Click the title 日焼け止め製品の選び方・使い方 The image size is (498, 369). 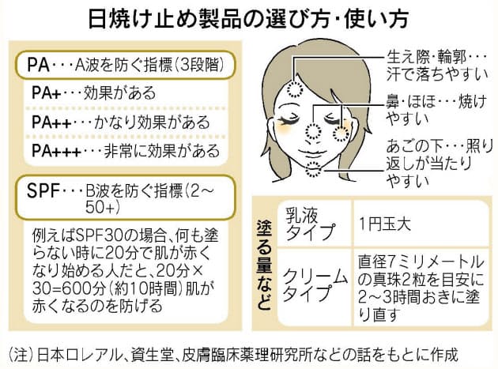(248, 19)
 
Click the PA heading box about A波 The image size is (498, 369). (126, 65)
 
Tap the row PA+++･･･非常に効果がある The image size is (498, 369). (126, 151)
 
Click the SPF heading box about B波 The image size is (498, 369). (126, 198)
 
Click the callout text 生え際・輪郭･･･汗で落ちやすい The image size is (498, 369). (436, 66)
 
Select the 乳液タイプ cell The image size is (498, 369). (309, 224)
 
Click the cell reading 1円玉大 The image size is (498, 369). (385, 224)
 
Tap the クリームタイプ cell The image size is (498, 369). (315, 284)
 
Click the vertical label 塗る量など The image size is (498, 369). (263, 265)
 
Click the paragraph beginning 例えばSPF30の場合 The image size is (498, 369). (125, 270)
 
